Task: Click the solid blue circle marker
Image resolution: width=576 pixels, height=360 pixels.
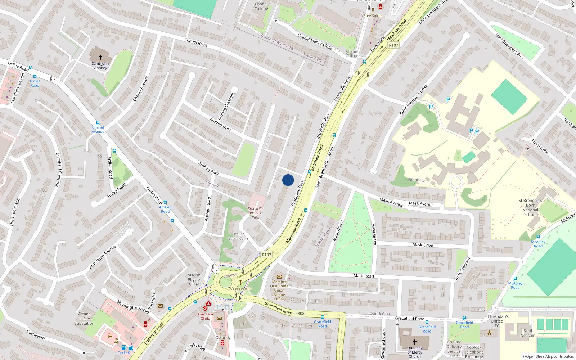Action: click(x=288, y=180)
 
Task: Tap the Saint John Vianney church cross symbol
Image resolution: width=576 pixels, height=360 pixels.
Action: click(x=100, y=57)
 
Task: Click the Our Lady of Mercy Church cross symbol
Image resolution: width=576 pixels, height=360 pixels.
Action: click(x=414, y=342)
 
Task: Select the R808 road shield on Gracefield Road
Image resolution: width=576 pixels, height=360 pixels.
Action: click(x=300, y=314)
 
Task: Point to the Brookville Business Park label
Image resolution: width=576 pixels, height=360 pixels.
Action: click(x=256, y=213)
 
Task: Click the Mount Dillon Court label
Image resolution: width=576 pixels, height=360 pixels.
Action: click(x=239, y=236)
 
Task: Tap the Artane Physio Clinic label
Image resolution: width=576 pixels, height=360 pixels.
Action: click(x=194, y=279)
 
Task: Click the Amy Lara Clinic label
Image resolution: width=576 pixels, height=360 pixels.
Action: click(x=205, y=316)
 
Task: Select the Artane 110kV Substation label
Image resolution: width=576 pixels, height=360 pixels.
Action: click(x=84, y=319)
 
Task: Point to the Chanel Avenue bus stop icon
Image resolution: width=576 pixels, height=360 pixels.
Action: click(x=98, y=123)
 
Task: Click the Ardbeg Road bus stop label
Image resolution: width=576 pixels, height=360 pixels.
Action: click(x=165, y=209)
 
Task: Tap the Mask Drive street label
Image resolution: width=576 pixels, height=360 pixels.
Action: click(x=423, y=245)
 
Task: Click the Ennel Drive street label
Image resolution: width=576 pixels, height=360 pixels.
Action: click(x=540, y=147)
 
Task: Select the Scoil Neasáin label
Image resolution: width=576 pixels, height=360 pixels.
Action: click(x=528, y=333)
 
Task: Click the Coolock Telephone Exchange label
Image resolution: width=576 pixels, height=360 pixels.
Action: click(x=474, y=352)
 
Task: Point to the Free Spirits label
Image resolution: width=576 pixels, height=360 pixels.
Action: click(x=373, y=16)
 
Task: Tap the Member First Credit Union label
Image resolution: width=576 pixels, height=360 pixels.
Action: click(x=279, y=290)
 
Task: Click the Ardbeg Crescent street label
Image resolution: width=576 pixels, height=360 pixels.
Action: click(x=226, y=106)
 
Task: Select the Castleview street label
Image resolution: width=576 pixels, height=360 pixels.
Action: click(x=36, y=334)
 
